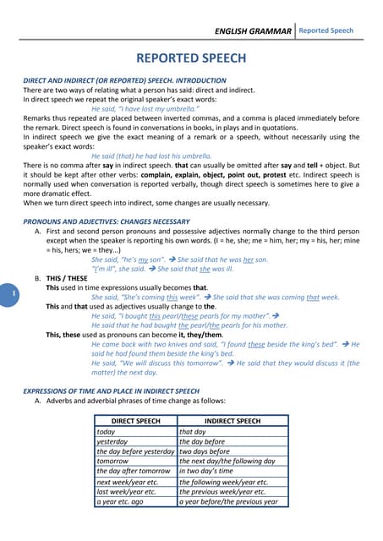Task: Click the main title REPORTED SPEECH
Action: pyautogui.click(x=191, y=58)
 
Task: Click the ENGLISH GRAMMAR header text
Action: pyautogui.click(x=253, y=31)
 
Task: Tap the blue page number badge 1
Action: pyautogui.click(x=14, y=293)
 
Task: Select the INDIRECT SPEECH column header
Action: pyautogui.click(x=233, y=420)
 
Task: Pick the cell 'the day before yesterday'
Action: pyautogui.click(x=134, y=451)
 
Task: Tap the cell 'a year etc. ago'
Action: pyautogui.click(x=120, y=501)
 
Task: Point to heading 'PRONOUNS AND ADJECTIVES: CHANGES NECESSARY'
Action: pyautogui.click(x=106, y=221)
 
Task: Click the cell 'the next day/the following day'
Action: pyautogui.click(x=227, y=462)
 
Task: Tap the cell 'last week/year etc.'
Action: pyautogui.click(x=126, y=491)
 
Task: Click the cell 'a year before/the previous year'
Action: pyautogui.click(x=228, y=501)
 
